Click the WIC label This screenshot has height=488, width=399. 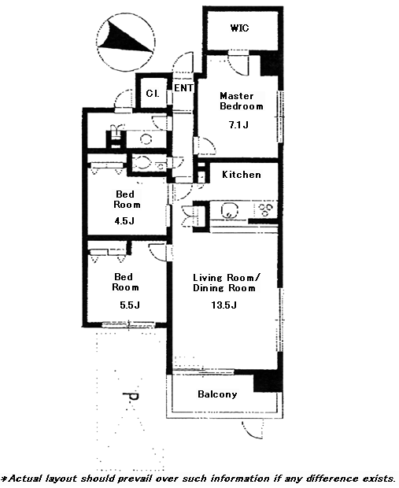pyautogui.click(x=240, y=28)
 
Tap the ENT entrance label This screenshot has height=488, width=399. pyautogui.click(x=183, y=88)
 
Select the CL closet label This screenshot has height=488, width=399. pyautogui.click(x=153, y=93)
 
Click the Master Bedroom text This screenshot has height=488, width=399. pyautogui.click(x=241, y=101)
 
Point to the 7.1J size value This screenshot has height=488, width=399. pyautogui.click(x=238, y=125)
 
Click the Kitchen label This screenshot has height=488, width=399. pyautogui.click(x=242, y=174)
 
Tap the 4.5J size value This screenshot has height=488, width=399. pyautogui.click(x=124, y=221)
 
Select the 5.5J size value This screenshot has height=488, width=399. pyautogui.click(x=130, y=305)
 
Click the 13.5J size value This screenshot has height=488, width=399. pyautogui.click(x=224, y=305)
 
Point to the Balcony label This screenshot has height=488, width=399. pyautogui.click(x=217, y=394)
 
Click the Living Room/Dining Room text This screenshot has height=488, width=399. pyautogui.click(x=227, y=283)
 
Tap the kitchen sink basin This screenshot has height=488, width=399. pyautogui.click(x=229, y=210)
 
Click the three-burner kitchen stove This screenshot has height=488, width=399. pyautogui.click(x=265, y=209)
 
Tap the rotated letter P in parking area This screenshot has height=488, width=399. pyautogui.click(x=131, y=397)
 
